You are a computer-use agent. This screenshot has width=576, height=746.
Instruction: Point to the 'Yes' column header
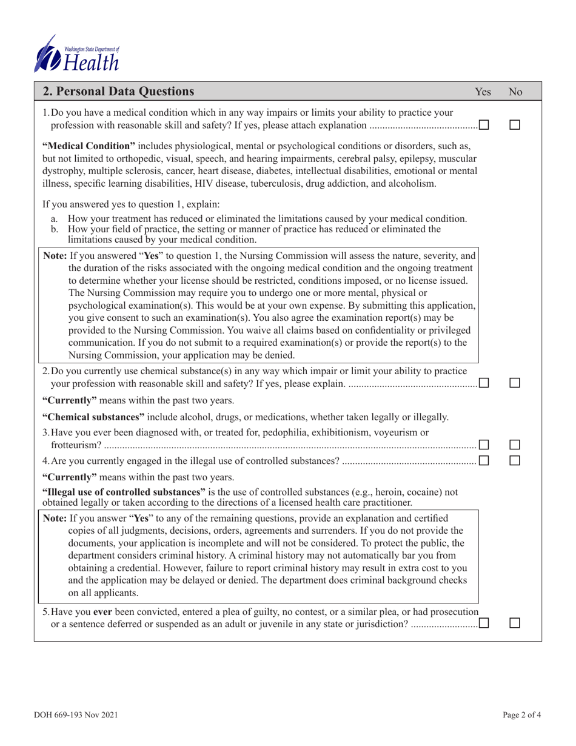click(483, 92)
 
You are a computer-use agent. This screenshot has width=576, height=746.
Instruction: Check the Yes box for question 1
click(484, 124)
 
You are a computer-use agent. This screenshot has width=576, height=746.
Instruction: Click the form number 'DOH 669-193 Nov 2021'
click(76, 716)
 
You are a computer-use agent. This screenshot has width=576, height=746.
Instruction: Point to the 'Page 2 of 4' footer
click(521, 716)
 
